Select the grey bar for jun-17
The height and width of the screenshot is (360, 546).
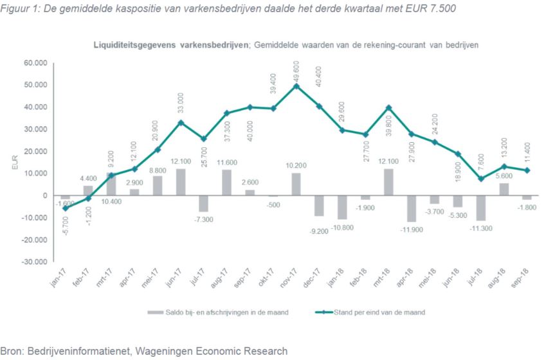point(181,182)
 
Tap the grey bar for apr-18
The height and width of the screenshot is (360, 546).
point(412,208)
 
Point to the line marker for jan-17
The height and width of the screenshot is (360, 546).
point(65,208)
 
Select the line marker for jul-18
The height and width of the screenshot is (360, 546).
point(481,179)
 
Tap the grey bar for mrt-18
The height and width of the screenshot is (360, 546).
point(389,182)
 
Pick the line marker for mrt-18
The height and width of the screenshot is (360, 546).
point(388,107)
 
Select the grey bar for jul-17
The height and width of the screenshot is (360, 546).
point(204,203)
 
